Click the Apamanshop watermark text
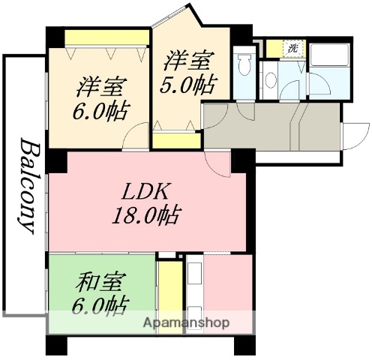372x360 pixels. click(x=185, y=323)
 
